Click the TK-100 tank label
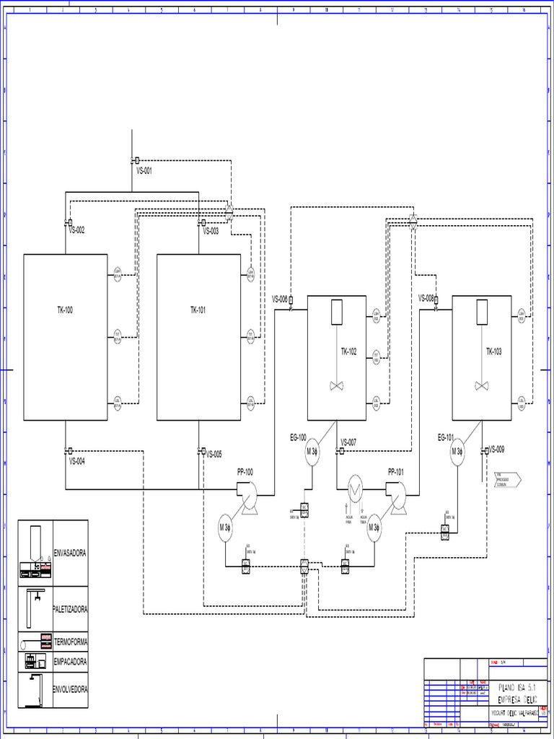pos(65,310)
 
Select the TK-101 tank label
pos(198,310)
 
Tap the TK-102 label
pos(348,351)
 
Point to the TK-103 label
pos(493,351)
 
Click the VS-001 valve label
pos(144,171)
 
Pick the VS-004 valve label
pos(77,461)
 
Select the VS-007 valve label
pos(348,442)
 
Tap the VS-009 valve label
pos(496,449)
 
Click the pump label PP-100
pos(245,472)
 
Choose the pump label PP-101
pos(396,472)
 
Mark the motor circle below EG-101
pos(457,452)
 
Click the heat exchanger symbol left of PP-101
pos(356,489)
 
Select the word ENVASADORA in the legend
pos(70,554)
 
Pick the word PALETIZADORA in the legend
pos(71,609)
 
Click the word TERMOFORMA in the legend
pos(71,642)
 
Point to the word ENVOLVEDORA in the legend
pos(71,689)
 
